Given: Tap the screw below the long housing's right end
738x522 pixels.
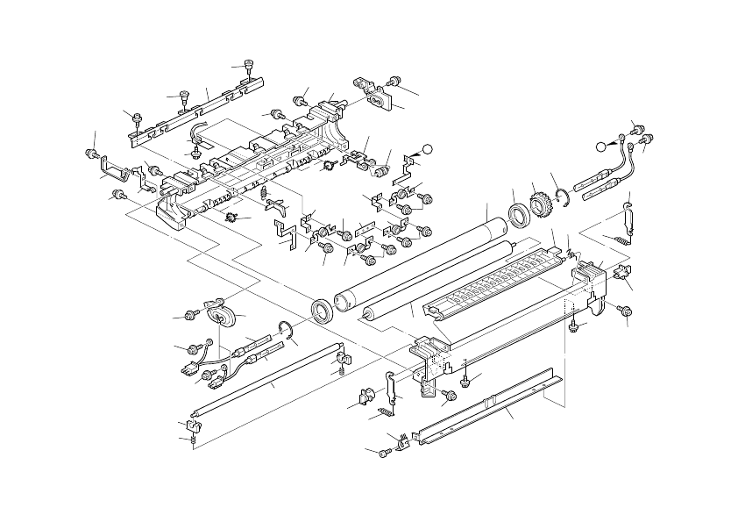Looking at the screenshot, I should tap(625, 311).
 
